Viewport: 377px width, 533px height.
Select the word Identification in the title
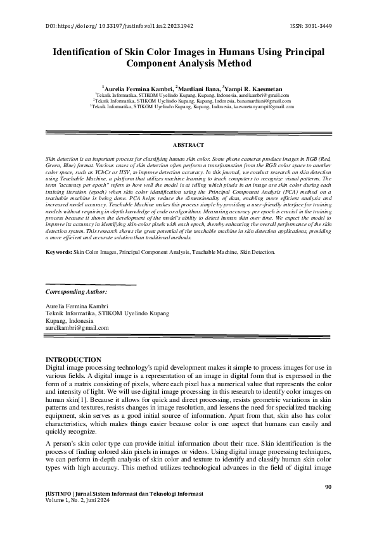click(83, 51)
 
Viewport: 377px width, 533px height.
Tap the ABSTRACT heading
click(188, 146)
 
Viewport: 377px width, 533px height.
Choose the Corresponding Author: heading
click(77, 292)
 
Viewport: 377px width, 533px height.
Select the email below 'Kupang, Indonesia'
click(77, 328)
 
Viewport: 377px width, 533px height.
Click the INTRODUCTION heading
click(74, 360)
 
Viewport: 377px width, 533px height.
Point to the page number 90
click(328, 487)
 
